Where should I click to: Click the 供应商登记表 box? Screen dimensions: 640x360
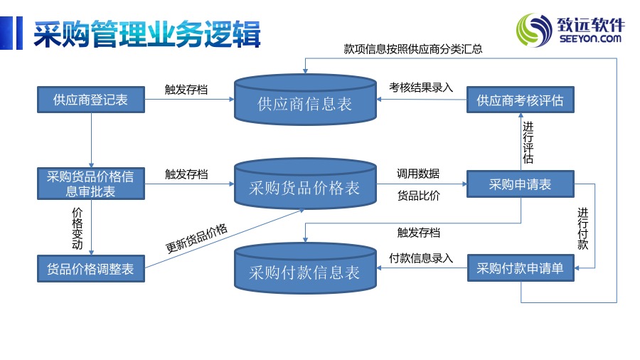click(x=91, y=100)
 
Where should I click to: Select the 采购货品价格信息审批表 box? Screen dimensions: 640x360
click(x=91, y=184)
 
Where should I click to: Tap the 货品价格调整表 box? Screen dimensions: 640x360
click(x=91, y=268)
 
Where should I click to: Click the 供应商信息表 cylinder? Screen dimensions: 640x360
click(x=305, y=99)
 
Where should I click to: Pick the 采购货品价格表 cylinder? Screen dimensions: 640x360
click(x=305, y=184)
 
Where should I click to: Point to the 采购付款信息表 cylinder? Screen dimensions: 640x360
click(x=305, y=268)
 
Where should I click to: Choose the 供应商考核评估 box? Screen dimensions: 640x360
click(x=521, y=100)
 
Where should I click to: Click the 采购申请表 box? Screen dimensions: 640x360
click(x=521, y=184)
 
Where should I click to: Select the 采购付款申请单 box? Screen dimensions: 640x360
click(x=521, y=268)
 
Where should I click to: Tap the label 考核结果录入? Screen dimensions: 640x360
click(x=421, y=88)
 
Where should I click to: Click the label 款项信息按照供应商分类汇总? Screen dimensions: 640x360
click(x=413, y=49)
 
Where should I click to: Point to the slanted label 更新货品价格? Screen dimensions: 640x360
click(x=196, y=238)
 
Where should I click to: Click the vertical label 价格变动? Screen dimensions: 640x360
click(x=77, y=228)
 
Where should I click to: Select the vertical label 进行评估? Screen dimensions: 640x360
click(x=528, y=142)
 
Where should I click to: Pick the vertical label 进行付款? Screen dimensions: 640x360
click(x=583, y=228)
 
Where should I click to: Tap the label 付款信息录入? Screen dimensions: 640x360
click(x=421, y=258)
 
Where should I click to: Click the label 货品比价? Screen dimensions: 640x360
click(x=419, y=196)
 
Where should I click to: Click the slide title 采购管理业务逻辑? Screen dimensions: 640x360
click(x=147, y=34)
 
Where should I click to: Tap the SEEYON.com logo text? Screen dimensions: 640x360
click(x=590, y=39)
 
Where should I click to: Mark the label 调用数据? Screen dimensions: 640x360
click(x=418, y=174)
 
